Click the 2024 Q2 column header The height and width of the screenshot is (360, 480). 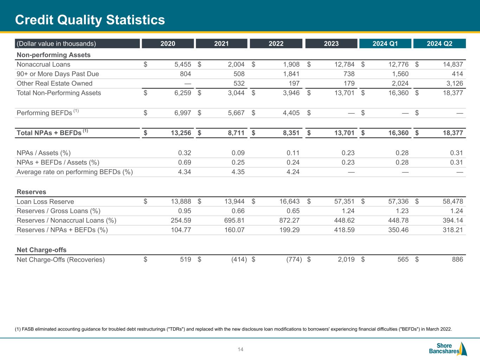pos(439,44)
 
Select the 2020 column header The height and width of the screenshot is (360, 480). pos(168,44)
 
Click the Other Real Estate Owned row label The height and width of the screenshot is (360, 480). pos(55,83)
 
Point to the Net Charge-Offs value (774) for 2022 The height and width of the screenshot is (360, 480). pos(294,259)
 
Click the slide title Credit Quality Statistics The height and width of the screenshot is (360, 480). pos(90,20)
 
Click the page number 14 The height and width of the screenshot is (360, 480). pos(241,349)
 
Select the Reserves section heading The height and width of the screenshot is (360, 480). pos(31,192)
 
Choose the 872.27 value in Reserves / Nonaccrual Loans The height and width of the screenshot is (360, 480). pos(288,220)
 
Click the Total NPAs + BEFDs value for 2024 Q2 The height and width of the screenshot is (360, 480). pos(452,133)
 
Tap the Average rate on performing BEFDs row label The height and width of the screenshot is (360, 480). pos(75,172)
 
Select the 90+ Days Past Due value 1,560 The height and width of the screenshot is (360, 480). pos(400,74)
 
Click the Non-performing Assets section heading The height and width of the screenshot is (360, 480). pos(53,55)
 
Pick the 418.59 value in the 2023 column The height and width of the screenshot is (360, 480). pos(343,230)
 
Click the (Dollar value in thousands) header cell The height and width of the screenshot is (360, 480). pos(56,44)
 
